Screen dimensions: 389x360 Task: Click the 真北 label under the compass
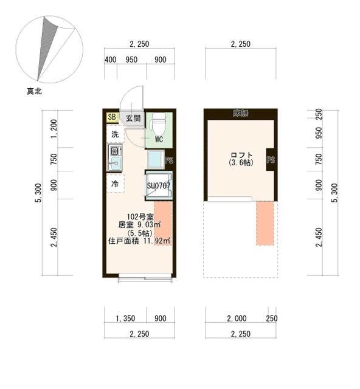(x=34, y=92)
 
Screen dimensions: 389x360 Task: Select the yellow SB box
(x=112, y=117)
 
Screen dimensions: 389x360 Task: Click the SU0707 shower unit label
(x=159, y=185)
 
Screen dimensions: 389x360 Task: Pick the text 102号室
(x=139, y=216)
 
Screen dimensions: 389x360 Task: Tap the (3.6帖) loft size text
(x=241, y=164)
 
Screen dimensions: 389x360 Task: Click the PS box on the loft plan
(x=271, y=161)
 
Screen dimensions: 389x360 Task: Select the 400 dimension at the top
(x=110, y=60)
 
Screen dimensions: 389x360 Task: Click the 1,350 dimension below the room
(x=125, y=317)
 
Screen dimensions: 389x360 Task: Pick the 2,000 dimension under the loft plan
(x=237, y=317)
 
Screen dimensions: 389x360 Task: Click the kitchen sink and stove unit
(x=115, y=158)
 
